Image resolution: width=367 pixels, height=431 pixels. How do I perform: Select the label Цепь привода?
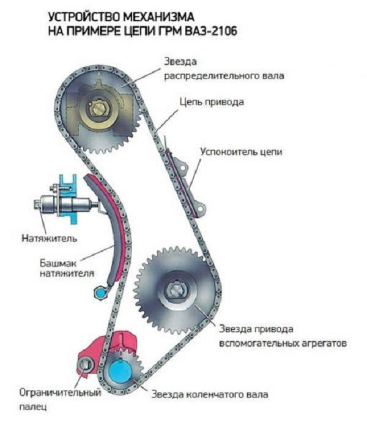[x=211, y=102]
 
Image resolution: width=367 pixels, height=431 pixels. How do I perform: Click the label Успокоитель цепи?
[x=241, y=151]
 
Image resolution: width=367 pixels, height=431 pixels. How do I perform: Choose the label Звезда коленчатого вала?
[x=210, y=394]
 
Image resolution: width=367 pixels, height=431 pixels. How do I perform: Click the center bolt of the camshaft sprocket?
[x=100, y=111]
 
